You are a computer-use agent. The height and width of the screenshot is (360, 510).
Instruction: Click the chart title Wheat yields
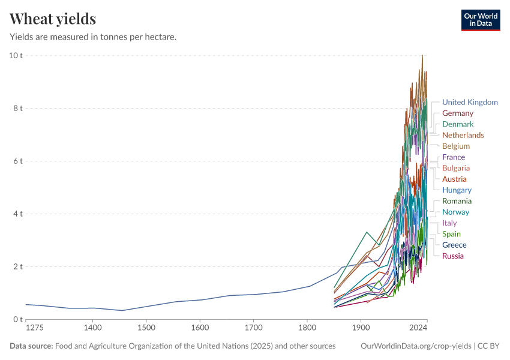click(x=53, y=19)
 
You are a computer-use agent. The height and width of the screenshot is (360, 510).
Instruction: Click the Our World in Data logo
click(x=480, y=20)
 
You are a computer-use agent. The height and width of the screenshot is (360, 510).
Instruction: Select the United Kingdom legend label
click(x=470, y=102)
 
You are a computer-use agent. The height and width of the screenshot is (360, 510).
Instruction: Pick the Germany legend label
click(x=458, y=113)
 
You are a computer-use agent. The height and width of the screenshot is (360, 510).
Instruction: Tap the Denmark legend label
click(x=458, y=124)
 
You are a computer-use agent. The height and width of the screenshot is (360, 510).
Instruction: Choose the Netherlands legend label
click(x=463, y=135)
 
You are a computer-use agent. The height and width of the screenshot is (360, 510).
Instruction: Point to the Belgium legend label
click(x=456, y=146)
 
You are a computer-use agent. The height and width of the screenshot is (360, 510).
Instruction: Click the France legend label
click(x=454, y=157)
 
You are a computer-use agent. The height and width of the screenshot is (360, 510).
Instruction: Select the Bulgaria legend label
click(x=456, y=168)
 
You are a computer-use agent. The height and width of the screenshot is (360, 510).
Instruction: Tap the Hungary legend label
click(x=457, y=190)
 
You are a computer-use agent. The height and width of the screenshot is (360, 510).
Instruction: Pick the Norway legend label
click(x=455, y=212)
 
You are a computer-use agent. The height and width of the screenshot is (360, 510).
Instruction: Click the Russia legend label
click(x=453, y=256)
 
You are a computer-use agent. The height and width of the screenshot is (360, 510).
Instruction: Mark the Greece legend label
click(x=454, y=245)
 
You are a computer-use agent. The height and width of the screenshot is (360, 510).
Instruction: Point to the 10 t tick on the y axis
click(x=16, y=56)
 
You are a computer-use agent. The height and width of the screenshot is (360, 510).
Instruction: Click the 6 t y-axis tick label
click(x=17, y=161)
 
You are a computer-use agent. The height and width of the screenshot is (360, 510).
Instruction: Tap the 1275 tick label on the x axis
click(x=35, y=328)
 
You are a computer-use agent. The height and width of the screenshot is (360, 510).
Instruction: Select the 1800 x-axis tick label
click(x=307, y=328)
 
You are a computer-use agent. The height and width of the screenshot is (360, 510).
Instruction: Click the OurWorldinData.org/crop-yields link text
click(x=416, y=346)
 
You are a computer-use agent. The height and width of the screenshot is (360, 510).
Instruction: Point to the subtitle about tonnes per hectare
click(x=93, y=37)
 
